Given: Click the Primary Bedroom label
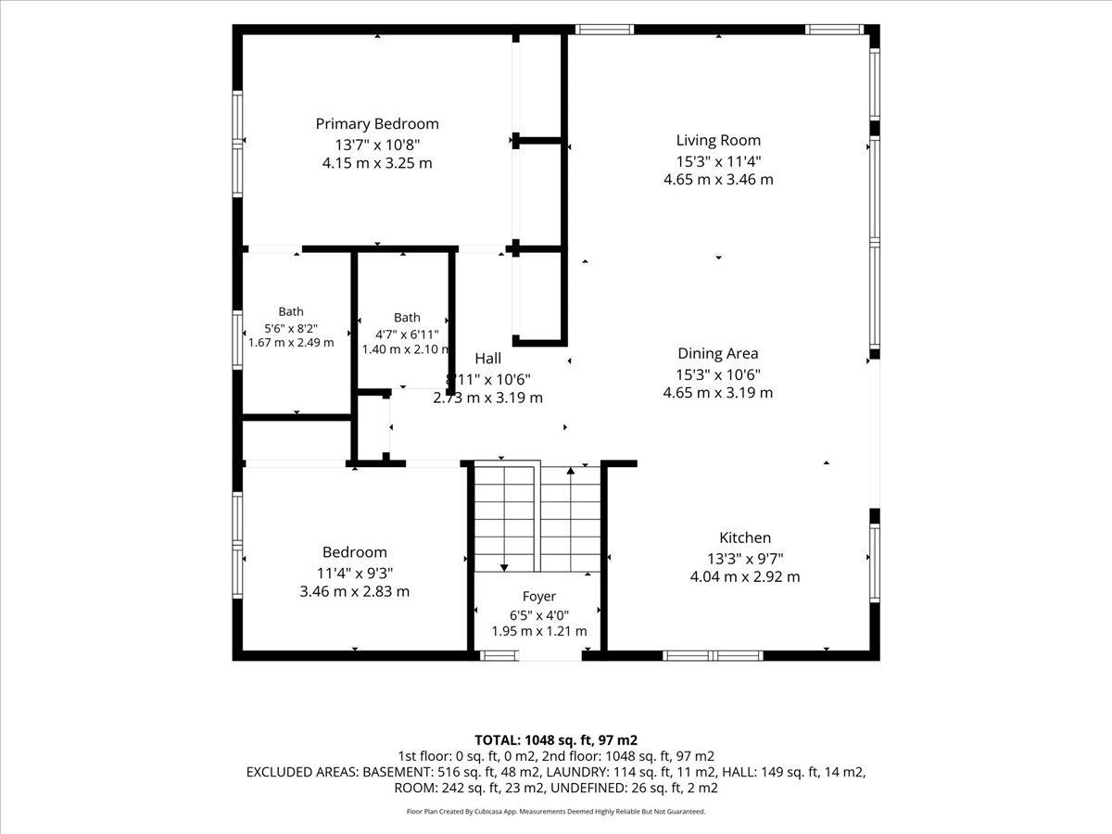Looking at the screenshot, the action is point(377,124).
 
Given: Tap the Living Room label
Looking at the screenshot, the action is point(718,140).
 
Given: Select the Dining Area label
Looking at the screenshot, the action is point(718,354).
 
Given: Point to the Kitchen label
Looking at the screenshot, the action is point(745,537).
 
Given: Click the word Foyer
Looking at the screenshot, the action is point(539,597).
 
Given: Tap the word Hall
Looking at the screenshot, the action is point(487,359).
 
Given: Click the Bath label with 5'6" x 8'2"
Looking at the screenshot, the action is point(291,311).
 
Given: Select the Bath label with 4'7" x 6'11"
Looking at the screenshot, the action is point(407,318).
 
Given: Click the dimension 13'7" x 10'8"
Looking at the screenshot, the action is point(377,145).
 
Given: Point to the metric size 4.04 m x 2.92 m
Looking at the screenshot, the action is point(745,576).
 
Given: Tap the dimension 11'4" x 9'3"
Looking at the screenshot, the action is point(355,574).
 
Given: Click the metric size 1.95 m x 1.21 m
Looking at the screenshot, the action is point(539,631).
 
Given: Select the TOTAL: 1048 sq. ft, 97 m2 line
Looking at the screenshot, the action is point(556,740).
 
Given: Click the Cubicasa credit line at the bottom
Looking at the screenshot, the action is point(556,812).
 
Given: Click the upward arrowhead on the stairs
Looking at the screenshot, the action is point(571,471).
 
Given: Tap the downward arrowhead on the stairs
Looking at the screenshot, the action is point(504,568).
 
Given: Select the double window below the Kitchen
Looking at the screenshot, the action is point(713,656).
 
